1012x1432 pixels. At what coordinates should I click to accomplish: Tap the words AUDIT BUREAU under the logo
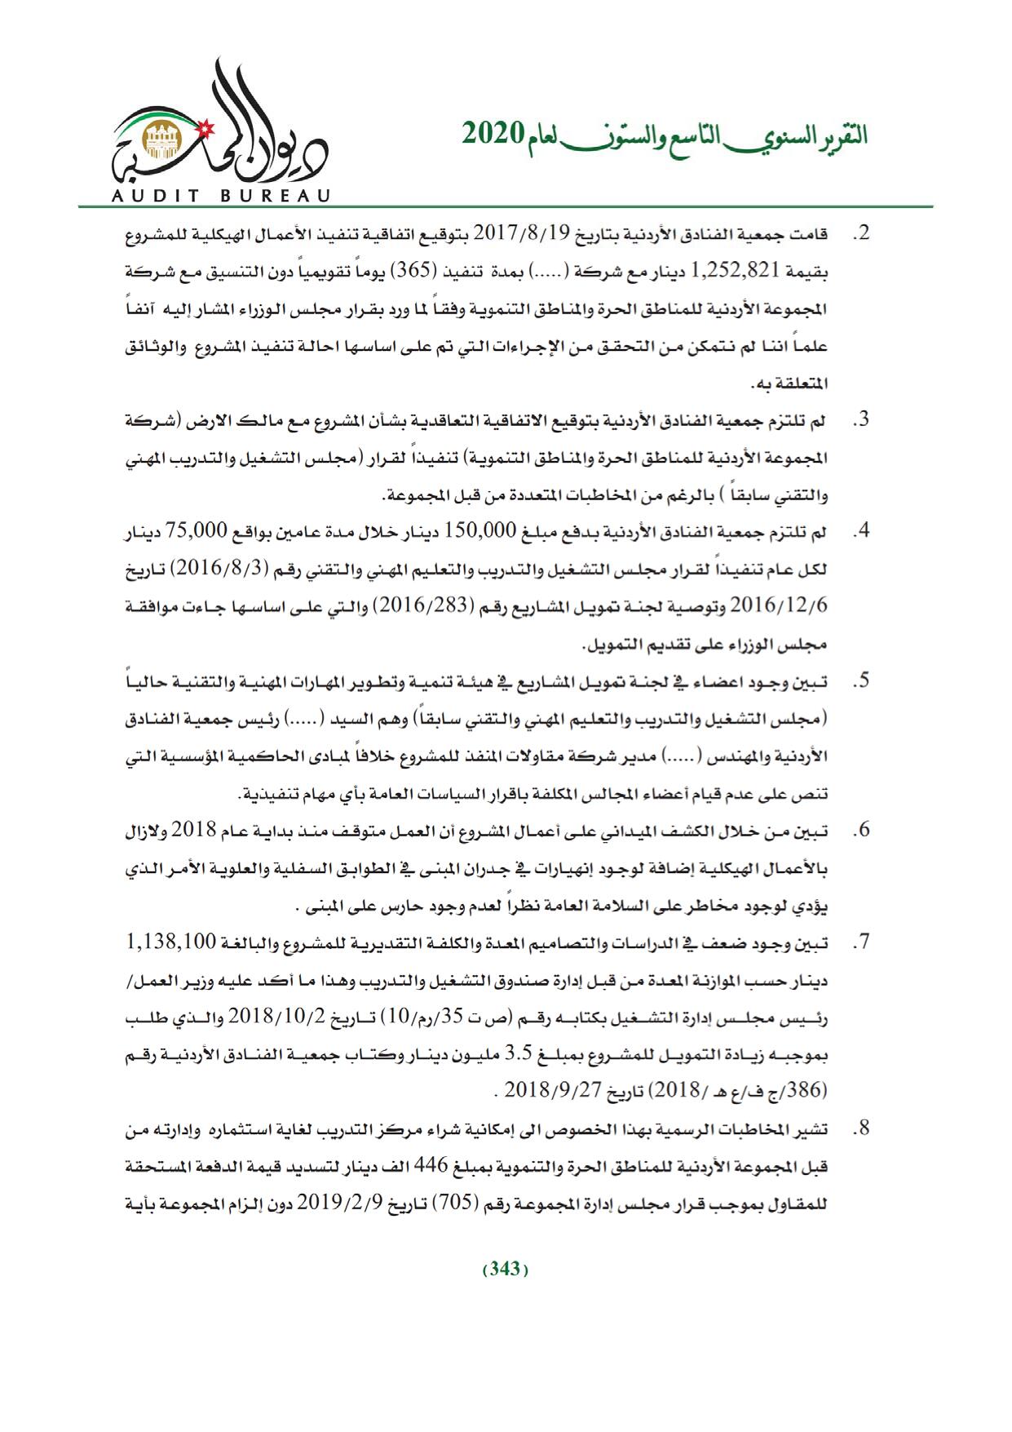pos(219,196)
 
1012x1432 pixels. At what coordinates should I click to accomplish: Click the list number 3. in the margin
pos(860,420)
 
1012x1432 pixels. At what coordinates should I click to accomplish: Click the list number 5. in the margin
pos(860,681)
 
